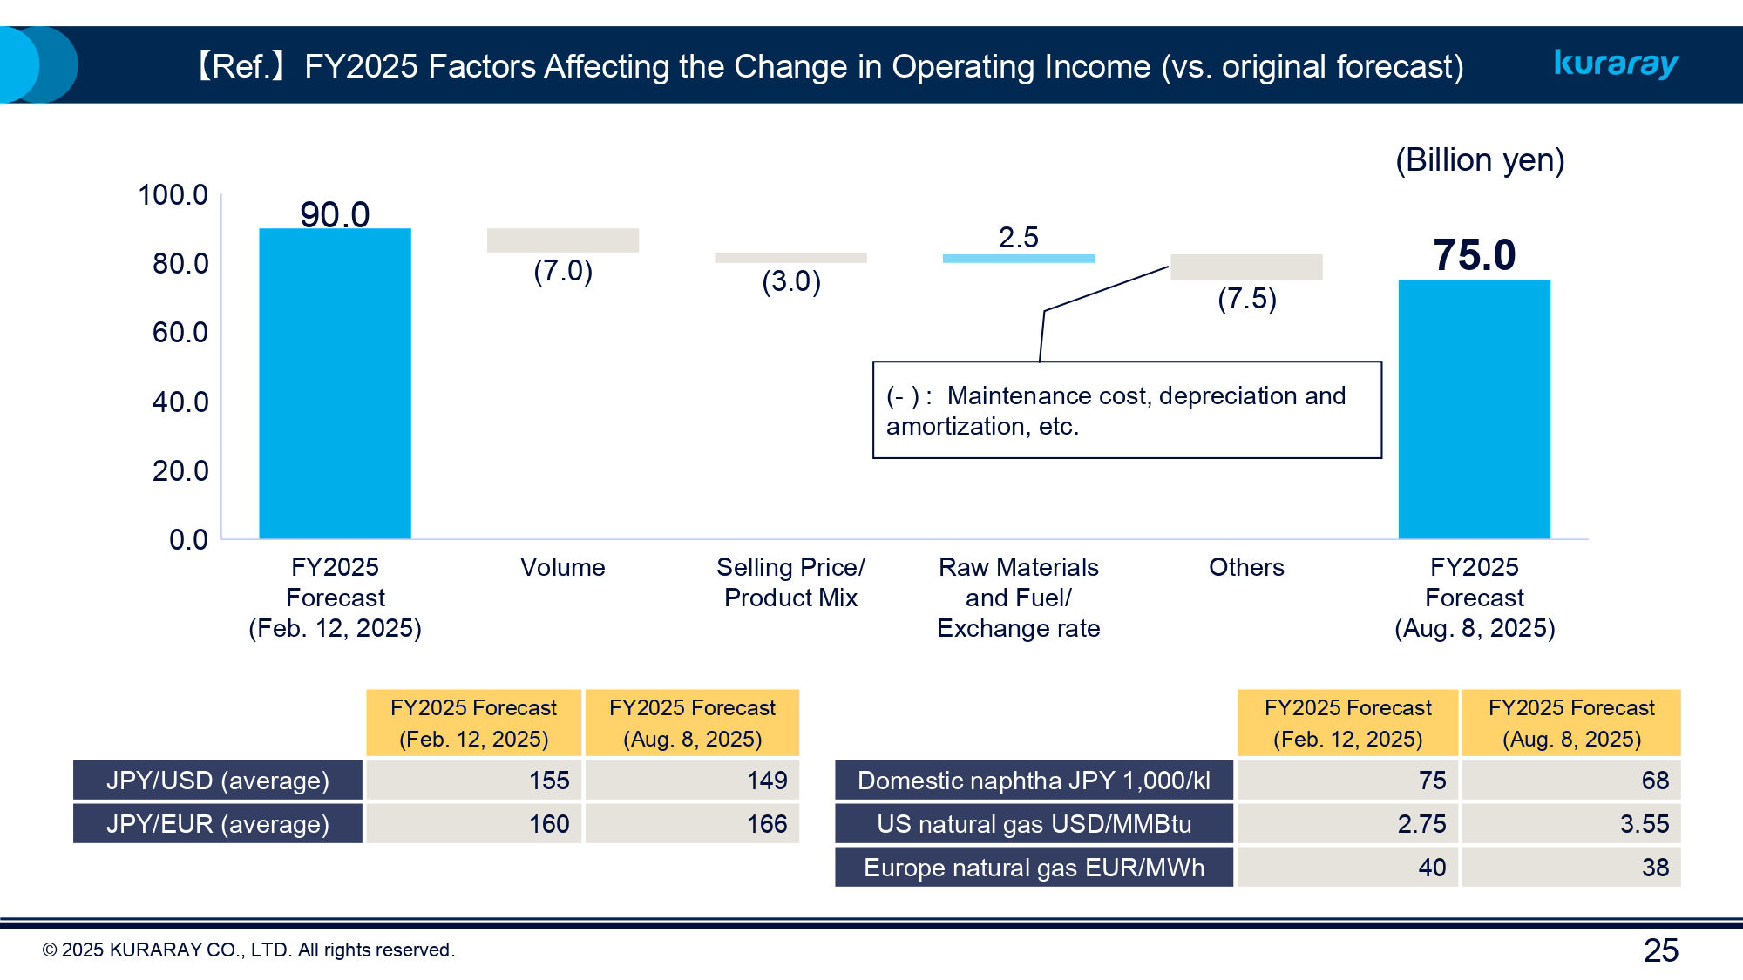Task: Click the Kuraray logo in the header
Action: click(1616, 64)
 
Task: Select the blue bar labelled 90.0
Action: click(335, 383)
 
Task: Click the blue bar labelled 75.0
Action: click(1474, 409)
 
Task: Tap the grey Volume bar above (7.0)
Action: click(562, 240)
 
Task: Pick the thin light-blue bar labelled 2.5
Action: click(1018, 259)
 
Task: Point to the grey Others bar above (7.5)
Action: click(1246, 267)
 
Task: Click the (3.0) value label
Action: click(790, 281)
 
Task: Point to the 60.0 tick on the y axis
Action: click(180, 333)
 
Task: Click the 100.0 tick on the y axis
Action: click(173, 195)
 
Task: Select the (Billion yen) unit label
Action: click(1479, 160)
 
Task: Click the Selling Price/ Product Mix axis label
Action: click(790, 582)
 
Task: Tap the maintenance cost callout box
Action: click(1126, 410)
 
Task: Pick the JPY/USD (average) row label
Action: click(218, 780)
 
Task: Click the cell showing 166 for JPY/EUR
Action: click(692, 823)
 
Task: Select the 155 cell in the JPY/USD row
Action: click(473, 780)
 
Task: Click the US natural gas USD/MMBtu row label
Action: click(1034, 823)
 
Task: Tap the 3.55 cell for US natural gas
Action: click(1570, 823)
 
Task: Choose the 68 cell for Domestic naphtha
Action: click(1570, 780)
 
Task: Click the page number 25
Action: click(1660, 950)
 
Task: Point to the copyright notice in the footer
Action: click(248, 950)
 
